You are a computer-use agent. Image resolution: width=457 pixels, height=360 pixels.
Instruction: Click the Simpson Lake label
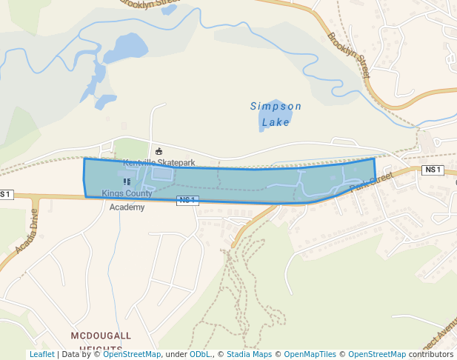(x=276, y=113)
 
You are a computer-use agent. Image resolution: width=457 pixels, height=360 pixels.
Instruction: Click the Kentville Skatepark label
(x=159, y=162)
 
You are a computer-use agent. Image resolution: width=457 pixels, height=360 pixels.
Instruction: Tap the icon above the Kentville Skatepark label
(x=159, y=151)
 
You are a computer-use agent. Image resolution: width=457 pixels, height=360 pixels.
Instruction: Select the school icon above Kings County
(x=127, y=181)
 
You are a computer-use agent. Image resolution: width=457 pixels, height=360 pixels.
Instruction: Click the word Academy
(x=127, y=207)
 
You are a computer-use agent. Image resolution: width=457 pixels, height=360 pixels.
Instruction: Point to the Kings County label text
(x=127, y=194)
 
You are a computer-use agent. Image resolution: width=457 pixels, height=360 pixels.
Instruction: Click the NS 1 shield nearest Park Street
(x=433, y=170)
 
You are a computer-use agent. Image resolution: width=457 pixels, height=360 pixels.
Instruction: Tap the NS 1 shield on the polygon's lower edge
(x=187, y=200)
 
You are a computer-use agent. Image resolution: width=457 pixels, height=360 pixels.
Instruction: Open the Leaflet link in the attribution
(x=41, y=355)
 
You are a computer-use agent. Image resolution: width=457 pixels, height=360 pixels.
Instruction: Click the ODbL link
(x=199, y=355)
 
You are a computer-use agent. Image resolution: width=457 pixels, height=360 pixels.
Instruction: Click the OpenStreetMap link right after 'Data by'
(x=132, y=355)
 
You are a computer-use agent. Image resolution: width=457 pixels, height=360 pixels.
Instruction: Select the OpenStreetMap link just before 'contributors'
(x=377, y=355)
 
